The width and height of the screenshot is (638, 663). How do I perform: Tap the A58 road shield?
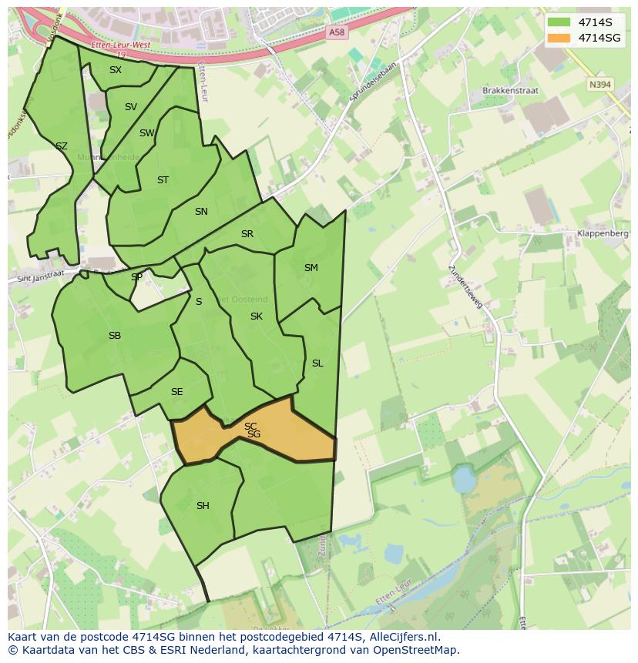pyautogui.click(x=336, y=32)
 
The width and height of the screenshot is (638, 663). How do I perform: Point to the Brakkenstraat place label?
pyautogui.click(x=510, y=90)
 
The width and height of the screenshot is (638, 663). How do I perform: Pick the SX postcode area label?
pyautogui.click(x=115, y=70)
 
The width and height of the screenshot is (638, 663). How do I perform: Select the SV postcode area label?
pyautogui.click(x=130, y=107)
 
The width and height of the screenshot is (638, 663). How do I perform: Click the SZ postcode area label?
pyautogui.click(x=62, y=146)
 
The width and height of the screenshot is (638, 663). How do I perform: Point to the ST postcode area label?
pyautogui.click(x=163, y=180)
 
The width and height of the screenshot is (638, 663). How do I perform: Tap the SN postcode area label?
pyautogui.click(x=201, y=212)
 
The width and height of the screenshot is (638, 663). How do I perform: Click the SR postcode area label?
pyautogui.click(x=247, y=234)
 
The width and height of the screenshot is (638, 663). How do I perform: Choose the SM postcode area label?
pyautogui.click(x=311, y=268)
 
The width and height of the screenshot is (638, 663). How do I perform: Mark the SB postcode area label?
pyautogui.click(x=115, y=336)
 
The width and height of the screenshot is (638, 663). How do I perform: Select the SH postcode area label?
pyautogui.click(x=203, y=506)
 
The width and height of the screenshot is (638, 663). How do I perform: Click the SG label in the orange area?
pyautogui.click(x=254, y=435)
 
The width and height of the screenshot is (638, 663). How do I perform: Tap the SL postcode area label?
pyautogui.click(x=317, y=363)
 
